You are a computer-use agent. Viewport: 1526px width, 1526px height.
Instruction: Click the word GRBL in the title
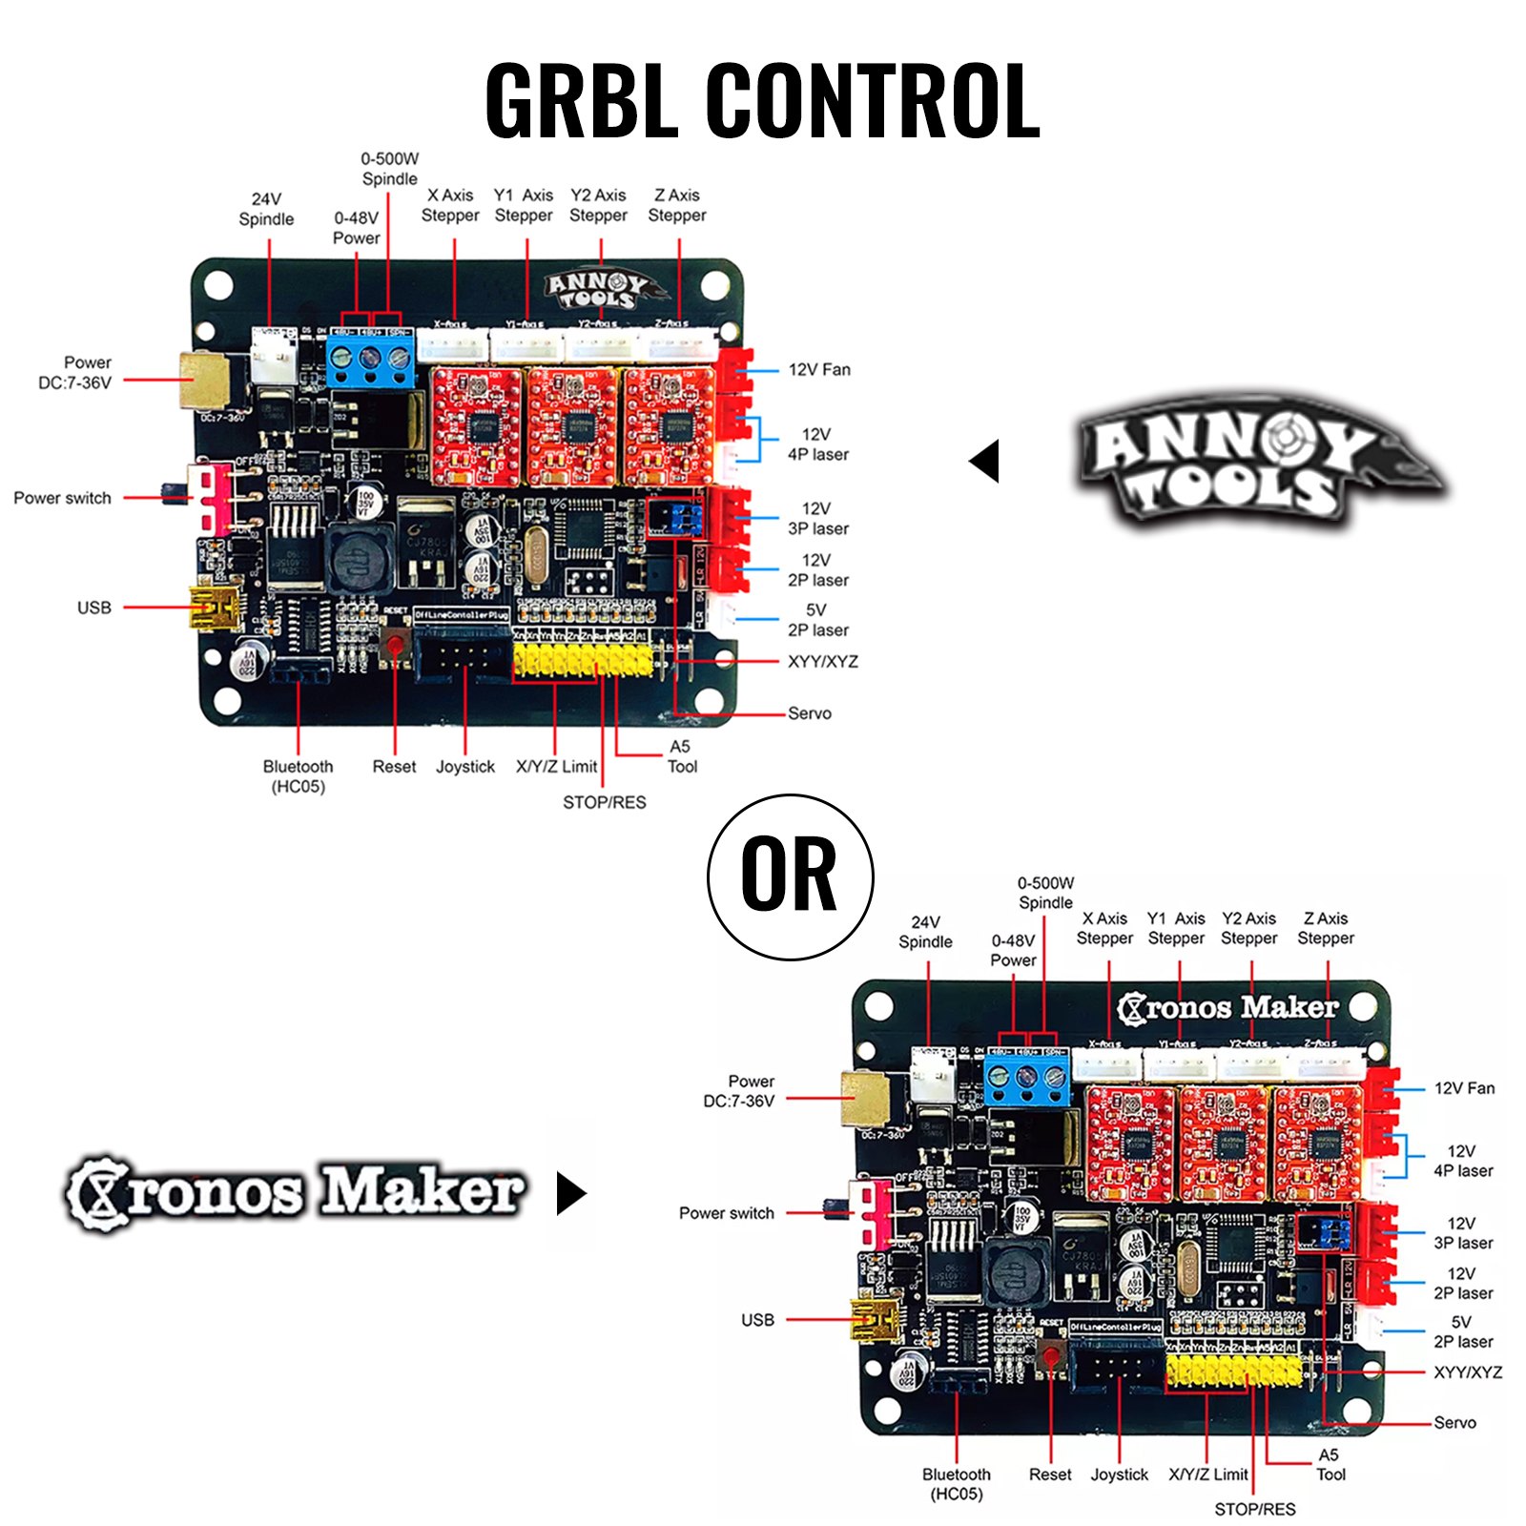pos(584,100)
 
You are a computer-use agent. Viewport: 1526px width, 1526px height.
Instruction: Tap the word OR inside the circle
pos(789,875)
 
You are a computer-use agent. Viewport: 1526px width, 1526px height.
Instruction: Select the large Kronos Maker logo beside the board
pos(296,1192)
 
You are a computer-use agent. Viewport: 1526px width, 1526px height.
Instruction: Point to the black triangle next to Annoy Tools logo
pos(985,461)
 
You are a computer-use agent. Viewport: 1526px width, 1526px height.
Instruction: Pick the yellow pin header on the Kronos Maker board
pos(1233,1371)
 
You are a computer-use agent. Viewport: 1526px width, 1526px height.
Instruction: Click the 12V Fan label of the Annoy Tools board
pos(819,370)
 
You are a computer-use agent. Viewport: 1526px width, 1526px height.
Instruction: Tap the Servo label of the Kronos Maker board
pos(1454,1422)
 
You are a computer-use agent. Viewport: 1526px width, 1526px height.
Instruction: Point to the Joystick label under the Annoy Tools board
pos(465,767)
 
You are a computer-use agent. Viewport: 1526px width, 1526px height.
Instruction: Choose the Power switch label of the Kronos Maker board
pos(726,1213)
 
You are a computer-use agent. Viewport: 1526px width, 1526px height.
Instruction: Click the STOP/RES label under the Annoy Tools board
pos(604,802)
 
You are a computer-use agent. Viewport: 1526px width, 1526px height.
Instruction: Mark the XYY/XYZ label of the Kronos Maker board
pos(1468,1372)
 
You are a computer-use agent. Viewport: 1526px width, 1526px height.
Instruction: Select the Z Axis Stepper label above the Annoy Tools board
pos(677,205)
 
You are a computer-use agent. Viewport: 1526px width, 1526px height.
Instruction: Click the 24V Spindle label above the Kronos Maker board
pos(925,932)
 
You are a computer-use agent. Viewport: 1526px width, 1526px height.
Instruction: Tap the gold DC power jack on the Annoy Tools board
pos(203,380)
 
